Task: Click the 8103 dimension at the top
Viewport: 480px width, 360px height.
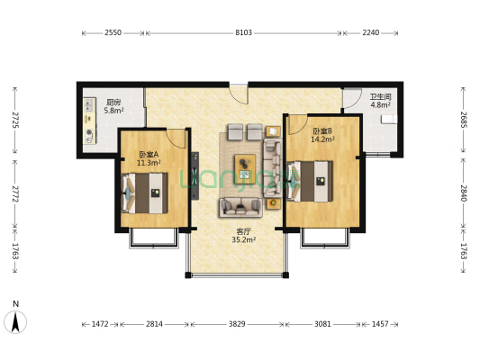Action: [x=243, y=33]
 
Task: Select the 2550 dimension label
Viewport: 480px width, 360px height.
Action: [x=113, y=33]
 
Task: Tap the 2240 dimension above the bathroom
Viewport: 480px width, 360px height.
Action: [x=371, y=33]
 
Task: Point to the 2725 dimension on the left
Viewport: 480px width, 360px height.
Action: [x=14, y=121]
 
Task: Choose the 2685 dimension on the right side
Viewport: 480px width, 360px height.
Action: [x=464, y=121]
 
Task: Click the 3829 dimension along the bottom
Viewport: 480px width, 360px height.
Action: [x=237, y=323]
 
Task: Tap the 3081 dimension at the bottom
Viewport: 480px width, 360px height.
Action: [x=322, y=323]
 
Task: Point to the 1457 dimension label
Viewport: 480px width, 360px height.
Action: [x=379, y=323]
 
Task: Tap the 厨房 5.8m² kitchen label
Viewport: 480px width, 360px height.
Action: [x=113, y=106]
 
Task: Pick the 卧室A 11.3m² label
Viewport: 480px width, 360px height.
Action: [x=148, y=158]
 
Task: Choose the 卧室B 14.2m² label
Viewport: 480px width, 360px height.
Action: [x=322, y=135]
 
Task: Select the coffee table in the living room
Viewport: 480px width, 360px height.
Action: [x=244, y=164]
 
